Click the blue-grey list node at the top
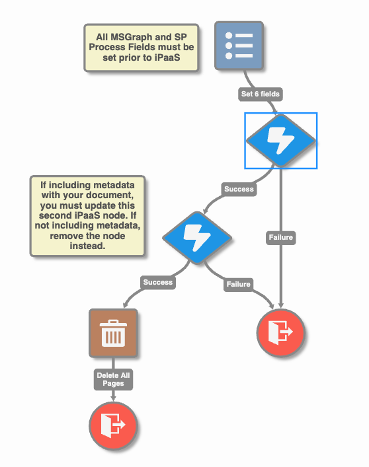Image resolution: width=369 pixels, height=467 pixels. [239, 46]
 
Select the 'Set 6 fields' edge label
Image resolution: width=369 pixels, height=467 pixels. [260, 94]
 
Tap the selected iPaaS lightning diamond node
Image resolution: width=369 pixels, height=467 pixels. [281, 141]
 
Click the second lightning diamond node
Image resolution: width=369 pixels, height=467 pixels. [197, 238]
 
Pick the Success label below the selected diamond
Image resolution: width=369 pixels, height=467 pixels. [239, 189]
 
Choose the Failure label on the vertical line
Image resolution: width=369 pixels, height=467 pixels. [281, 237]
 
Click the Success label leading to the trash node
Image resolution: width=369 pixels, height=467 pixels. [158, 282]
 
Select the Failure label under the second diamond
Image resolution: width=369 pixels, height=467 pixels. [238, 285]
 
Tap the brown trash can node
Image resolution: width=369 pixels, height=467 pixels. [113, 333]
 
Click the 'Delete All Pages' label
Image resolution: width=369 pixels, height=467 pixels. [113, 379]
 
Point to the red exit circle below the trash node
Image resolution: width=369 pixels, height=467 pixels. [113, 426]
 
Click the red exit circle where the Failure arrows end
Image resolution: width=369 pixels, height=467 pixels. [281, 333]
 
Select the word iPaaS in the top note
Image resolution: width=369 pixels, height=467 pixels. [167, 57]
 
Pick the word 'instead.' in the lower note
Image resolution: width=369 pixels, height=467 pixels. [87, 246]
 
